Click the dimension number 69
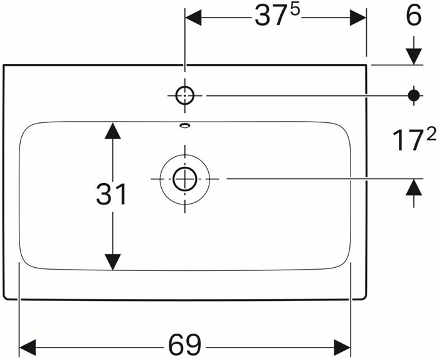[185, 344]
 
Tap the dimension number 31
[112, 194]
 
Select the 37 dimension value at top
[269, 16]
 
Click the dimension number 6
[414, 15]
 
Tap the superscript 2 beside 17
[431, 133]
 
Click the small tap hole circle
[185, 95]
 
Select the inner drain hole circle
[185, 179]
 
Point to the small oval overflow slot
[185, 125]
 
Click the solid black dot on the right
[414, 96]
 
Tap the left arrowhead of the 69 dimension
[28, 347]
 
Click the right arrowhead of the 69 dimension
[342, 347]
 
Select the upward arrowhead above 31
[112, 130]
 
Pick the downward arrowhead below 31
[112, 262]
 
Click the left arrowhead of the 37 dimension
[193, 18]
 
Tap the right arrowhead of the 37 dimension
[358, 18]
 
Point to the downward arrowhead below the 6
[414, 56]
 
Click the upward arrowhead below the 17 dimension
[414, 187]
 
